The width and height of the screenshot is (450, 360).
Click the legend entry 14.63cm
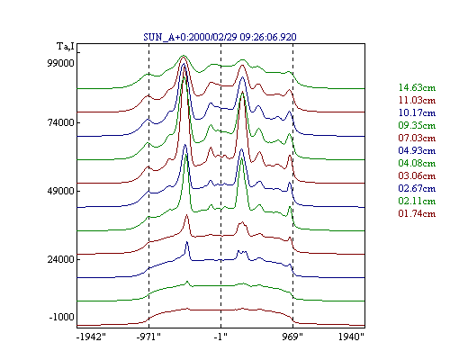(x=417, y=87)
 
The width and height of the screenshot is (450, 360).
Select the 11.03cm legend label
(x=417, y=100)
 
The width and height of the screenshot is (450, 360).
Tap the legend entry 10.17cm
(x=417, y=112)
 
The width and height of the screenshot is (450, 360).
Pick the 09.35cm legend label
(x=417, y=125)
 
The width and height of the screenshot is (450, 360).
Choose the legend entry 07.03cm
(x=417, y=138)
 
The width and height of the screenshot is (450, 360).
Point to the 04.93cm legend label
(x=417, y=150)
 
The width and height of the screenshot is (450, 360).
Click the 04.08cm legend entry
(x=417, y=163)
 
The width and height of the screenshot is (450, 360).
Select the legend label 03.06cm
(x=417, y=175)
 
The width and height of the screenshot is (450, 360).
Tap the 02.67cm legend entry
(x=417, y=188)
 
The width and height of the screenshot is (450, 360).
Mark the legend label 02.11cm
(x=417, y=201)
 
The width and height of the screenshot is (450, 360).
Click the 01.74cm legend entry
(x=417, y=213)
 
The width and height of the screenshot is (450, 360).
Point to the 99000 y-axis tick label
(x=60, y=63)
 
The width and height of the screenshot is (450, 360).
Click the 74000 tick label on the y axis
(x=60, y=122)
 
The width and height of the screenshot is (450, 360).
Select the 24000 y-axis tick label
(x=60, y=259)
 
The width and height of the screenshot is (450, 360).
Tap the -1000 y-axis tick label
(x=61, y=317)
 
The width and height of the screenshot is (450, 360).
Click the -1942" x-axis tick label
(x=92, y=337)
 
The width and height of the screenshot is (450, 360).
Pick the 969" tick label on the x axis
(x=292, y=337)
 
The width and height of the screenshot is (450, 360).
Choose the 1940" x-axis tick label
(x=351, y=337)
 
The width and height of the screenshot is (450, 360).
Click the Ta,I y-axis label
(x=66, y=47)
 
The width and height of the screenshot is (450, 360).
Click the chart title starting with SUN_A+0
(x=220, y=37)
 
